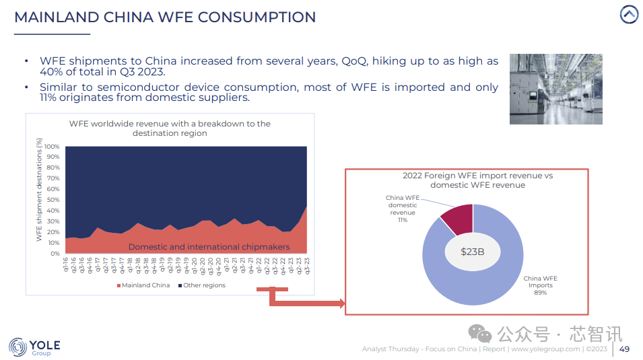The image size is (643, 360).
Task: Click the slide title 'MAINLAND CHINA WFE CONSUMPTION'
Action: (165, 17)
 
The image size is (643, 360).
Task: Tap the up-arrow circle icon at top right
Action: (629, 14)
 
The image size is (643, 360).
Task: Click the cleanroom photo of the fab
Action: (555, 89)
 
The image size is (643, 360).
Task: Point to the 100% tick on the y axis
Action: (53, 147)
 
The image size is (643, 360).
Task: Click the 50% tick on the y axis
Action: (54, 200)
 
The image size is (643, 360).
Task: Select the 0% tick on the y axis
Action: (55, 254)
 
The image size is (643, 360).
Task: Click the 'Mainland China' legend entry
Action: (143, 285)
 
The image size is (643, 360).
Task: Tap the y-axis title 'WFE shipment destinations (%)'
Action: (39, 190)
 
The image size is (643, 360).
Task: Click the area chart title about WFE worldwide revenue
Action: (170, 129)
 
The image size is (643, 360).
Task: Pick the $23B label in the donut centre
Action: (473, 251)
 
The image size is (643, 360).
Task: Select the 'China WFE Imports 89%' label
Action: (541, 285)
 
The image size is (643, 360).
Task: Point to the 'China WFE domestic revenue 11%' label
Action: (403, 209)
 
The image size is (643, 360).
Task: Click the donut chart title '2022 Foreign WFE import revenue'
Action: (477, 180)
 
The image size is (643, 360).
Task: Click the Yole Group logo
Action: (34, 347)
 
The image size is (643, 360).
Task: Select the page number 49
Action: (624, 349)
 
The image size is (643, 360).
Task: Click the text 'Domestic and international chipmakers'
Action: (209, 247)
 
